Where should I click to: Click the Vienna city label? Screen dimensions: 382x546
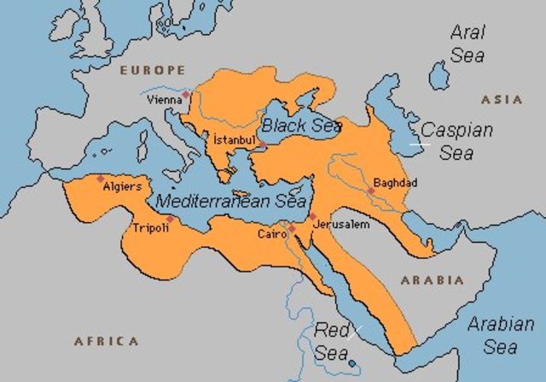(165, 99)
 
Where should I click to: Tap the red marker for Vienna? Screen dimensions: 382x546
(186, 94)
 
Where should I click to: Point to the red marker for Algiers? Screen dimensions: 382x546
(101, 178)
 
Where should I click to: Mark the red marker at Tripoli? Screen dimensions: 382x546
(170, 219)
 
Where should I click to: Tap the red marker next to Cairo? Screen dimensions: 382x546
(292, 228)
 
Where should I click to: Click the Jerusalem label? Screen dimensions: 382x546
(342, 224)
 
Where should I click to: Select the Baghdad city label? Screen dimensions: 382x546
(395, 183)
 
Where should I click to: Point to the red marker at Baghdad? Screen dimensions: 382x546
(370, 191)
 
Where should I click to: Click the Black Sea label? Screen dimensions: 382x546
(301, 126)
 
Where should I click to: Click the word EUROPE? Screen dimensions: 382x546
(153, 69)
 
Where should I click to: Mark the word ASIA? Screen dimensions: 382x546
(502, 100)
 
